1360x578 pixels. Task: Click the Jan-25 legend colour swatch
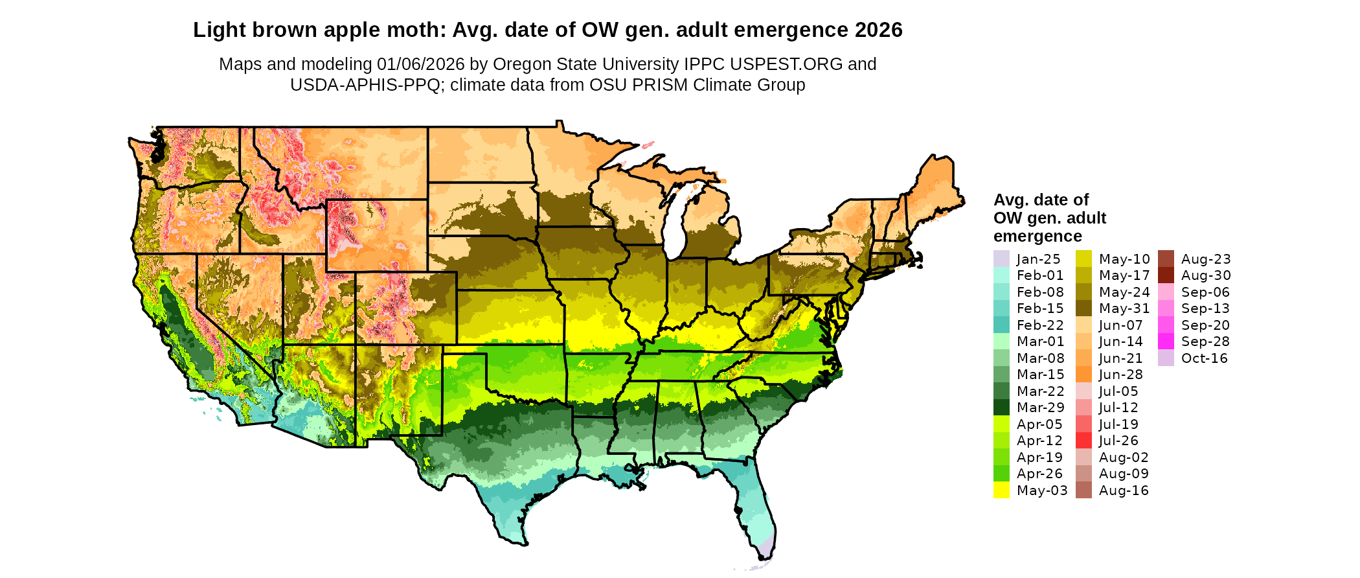[1001, 259]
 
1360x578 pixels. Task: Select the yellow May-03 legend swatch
[1001, 490]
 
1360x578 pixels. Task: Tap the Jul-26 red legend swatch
[1083, 441]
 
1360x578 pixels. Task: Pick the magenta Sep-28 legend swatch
[1166, 341]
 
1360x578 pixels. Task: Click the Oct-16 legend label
[1205, 358]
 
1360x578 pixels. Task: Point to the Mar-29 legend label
[1040, 408]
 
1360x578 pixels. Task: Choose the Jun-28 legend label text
[1121, 375]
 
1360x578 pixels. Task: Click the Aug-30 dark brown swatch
[1166, 275]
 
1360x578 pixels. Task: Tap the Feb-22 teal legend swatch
[1001, 325]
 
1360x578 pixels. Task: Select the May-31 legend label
[1124, 308]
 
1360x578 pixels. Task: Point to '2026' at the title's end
[878, 30]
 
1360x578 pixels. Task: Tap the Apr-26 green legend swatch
[1001, 474]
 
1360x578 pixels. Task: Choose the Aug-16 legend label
[1124, 491]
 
